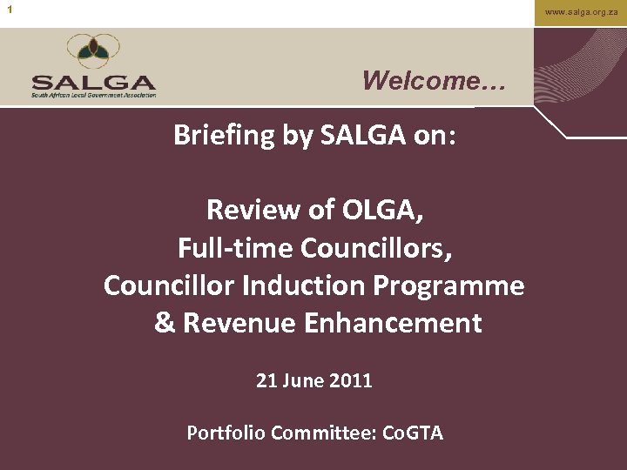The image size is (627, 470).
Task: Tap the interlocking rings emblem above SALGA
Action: (x=93, y=52)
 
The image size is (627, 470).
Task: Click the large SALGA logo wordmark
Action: (x=93, y=82)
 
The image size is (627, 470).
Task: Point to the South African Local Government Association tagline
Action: (x=93, y=95)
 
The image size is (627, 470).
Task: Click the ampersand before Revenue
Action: (x=164, y=323)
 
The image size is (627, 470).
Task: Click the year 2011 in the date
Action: (x=352, y=380)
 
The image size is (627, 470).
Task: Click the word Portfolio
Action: (x=225, y=433)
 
